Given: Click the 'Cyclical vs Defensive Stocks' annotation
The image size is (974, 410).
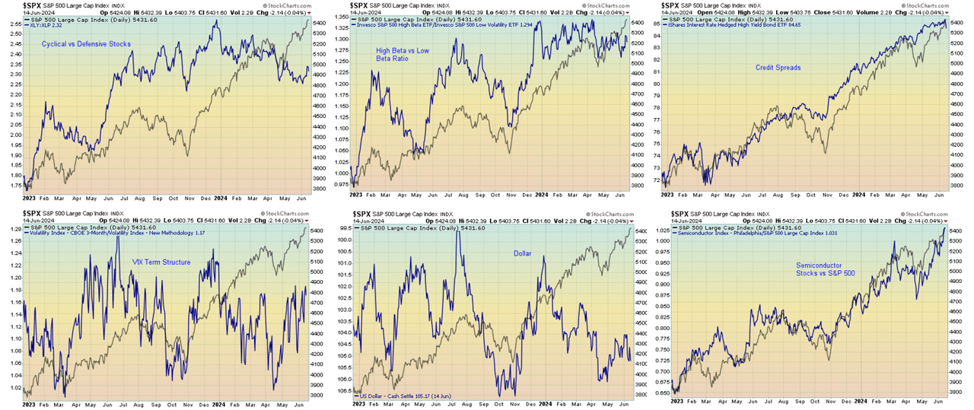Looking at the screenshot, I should point(86,44).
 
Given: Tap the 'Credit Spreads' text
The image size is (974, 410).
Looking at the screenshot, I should point(778,68).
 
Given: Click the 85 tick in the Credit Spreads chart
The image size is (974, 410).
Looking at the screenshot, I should point(657,24).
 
